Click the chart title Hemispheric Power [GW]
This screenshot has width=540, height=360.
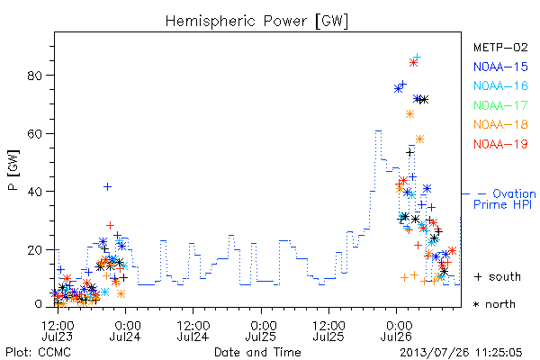tap(256, 22)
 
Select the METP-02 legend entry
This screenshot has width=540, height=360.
tap(500, 48)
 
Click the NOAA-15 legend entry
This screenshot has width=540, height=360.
tap(500, 67)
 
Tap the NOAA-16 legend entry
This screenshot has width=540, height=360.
tap(500, 85)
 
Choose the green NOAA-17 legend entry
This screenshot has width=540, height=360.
tap(500, 105)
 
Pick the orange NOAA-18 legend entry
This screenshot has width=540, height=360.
tap(500, 124)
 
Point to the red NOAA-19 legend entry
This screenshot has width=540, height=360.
tap(500, 144)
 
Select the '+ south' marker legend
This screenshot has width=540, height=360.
tap(498, 276)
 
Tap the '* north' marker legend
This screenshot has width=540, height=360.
tap(494, 304)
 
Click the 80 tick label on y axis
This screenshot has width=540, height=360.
tap(35, 76)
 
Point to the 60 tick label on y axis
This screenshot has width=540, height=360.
tap(35, 134)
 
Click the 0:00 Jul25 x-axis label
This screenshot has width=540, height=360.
tap(261, 330)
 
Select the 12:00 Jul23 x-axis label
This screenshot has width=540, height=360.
tap(58, 330)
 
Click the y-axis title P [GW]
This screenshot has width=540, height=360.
tap(13, 170)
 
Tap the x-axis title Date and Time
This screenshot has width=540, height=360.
tap(257, 353)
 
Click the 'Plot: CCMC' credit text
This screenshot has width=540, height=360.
tap(38, 353)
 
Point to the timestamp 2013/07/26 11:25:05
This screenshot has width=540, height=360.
tap(461, 353)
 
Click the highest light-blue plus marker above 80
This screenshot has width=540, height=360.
tap(417, 57)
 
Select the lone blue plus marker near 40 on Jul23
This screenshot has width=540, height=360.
tap(107, 186)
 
